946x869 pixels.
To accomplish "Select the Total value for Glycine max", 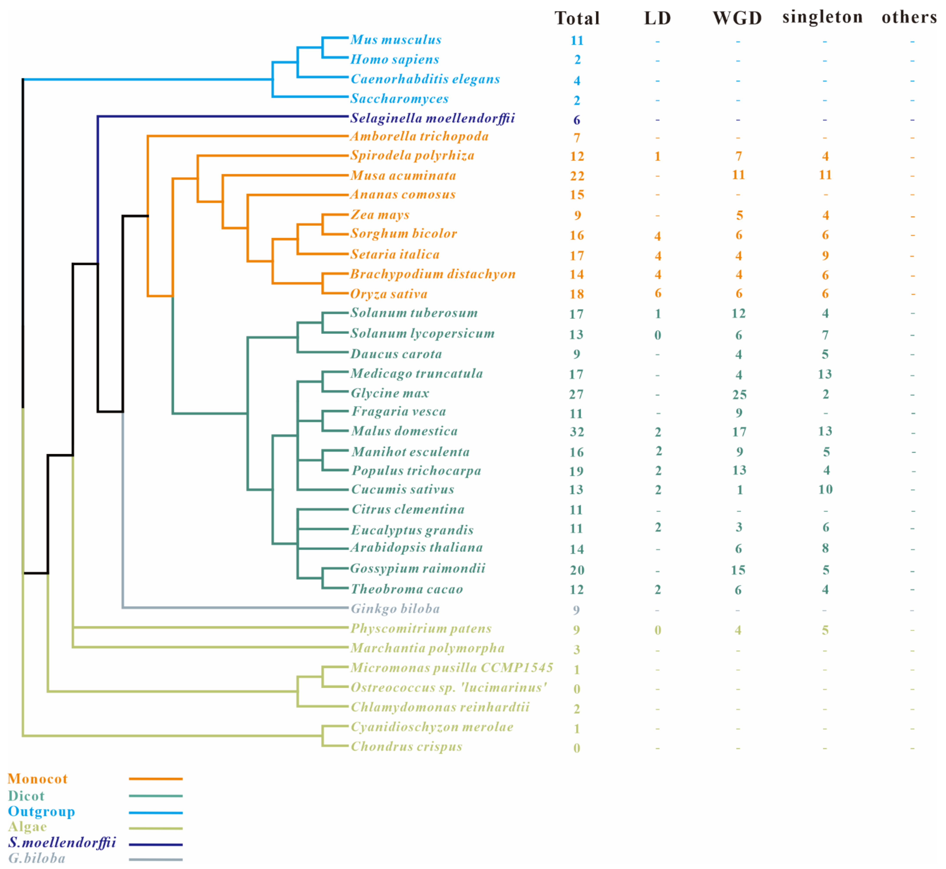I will pyautogui.click(x=576, y=394).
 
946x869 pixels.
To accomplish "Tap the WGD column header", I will pyautogui.click(x=737, y=18).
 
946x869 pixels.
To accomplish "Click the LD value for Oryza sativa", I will pyautogui.click(x=658, y=293).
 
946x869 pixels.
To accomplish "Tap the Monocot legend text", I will pyautogui.click(x=38, y=779).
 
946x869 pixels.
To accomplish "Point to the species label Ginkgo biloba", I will pyautogui.click(x=395, y=609).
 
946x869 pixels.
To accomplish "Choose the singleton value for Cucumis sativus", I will pyautogui.click(x=825, y=490).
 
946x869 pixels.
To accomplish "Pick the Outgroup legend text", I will pyautogui.click(x=41, y=812).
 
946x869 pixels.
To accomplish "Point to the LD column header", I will pyautogui.click(x=657, y=18).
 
